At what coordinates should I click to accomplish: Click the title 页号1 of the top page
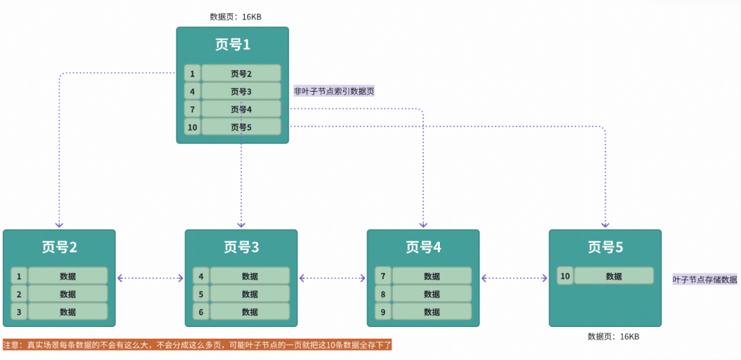[233, 45]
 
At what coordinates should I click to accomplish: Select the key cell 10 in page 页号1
[192, 127]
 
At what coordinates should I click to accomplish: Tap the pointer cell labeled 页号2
[241, 73]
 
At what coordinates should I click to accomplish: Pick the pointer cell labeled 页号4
[241, 109]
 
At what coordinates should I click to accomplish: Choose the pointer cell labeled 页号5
[241, 127]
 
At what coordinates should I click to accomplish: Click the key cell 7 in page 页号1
[192, 109]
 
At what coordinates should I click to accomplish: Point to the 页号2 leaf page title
[59, 247]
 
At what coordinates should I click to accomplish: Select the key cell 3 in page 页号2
[19, 312]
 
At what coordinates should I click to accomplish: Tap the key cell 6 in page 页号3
[201, 312]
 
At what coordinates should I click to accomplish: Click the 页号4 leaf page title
[423, 247]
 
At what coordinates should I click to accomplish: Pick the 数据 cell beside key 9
[432, 312]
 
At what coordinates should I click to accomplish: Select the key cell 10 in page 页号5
[565, 276]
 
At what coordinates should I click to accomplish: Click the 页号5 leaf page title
[605, 247]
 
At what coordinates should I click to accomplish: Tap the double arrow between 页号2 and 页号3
[150, 278]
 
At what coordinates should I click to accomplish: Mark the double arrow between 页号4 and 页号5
[514, 278]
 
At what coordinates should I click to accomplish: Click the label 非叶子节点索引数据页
[334, 91]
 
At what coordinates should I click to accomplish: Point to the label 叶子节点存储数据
[705, 280]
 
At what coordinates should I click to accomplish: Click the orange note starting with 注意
[197, 345]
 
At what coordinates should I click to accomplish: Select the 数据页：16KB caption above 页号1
[235, 16]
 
